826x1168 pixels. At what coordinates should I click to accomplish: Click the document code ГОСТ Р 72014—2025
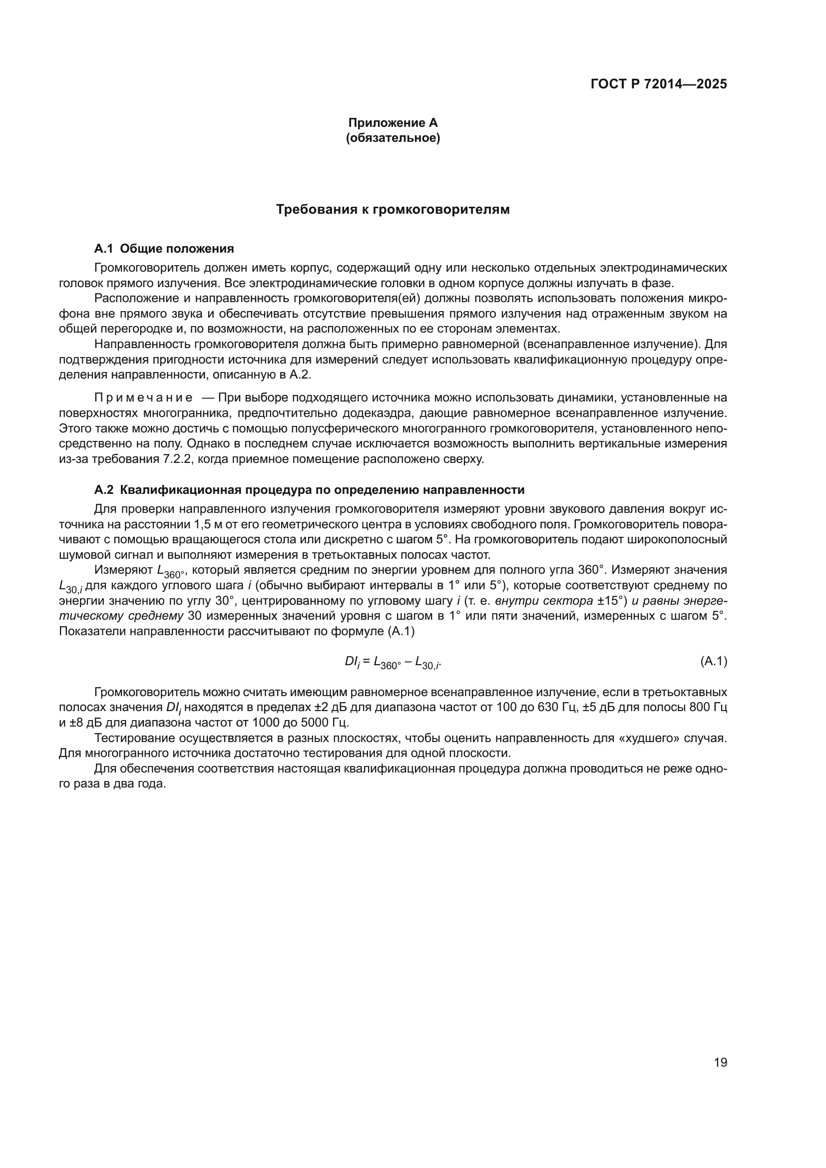point(659,84)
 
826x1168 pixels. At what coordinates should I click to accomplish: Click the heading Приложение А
point(393,123)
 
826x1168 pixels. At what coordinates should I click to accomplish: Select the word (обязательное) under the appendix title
point(393,138)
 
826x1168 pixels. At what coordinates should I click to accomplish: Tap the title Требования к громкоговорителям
point(393,210)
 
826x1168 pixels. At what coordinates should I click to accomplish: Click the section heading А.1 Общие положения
point(164,249)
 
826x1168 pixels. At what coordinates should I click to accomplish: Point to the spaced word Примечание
point(143,397)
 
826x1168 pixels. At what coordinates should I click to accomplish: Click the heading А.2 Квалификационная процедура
point(309,490)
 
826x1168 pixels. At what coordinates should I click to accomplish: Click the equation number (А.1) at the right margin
point(713,661)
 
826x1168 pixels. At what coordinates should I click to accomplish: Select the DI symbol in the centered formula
point(352,662)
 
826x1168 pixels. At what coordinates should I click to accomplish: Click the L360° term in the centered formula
point(387,662)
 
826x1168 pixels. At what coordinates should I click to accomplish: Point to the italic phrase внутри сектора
point(544,601)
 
